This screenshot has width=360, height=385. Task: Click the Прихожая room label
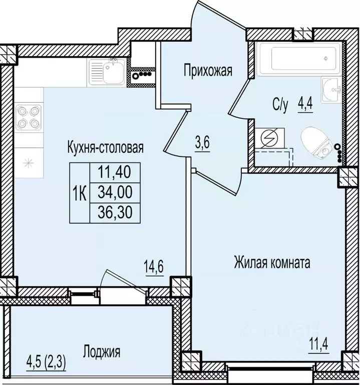click(x=208, y=71)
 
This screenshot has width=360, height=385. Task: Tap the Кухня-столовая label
click(x=105, y=148)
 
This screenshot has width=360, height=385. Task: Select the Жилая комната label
click(x=272, y=263)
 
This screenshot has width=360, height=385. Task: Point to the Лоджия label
click(x=102, y=351)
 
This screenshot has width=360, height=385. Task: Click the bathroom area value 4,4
click(x=305, y=104)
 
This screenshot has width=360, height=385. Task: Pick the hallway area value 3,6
click(x=203, y=143)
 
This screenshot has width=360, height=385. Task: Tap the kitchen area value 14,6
click(x=154, y=267)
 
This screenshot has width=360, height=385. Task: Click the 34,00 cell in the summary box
click(x=115, y=192)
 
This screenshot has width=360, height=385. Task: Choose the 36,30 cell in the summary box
click(x=115, y=213)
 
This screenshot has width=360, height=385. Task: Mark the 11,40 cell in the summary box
click(x=115, y=172)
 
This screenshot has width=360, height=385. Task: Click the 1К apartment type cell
click(x=80, y=192)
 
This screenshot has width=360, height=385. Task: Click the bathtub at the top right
click(x=300, y=59)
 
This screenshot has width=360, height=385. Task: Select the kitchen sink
click(x=107, y=72)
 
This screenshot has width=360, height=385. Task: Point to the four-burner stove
click(x=29, y=117)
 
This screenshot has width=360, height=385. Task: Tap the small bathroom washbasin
click(x=331, y=90)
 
